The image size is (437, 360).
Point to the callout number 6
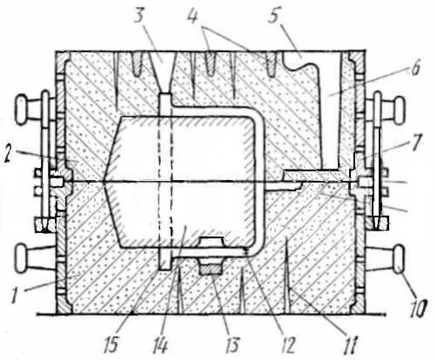[x=415, y=69]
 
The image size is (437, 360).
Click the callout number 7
[x=415, y=143]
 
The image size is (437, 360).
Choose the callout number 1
[x=15, y=294]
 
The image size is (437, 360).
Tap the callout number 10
[x=417, y=309]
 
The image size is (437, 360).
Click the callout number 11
[x=350, y=345]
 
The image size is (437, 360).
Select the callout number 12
[x=287, y=345]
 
